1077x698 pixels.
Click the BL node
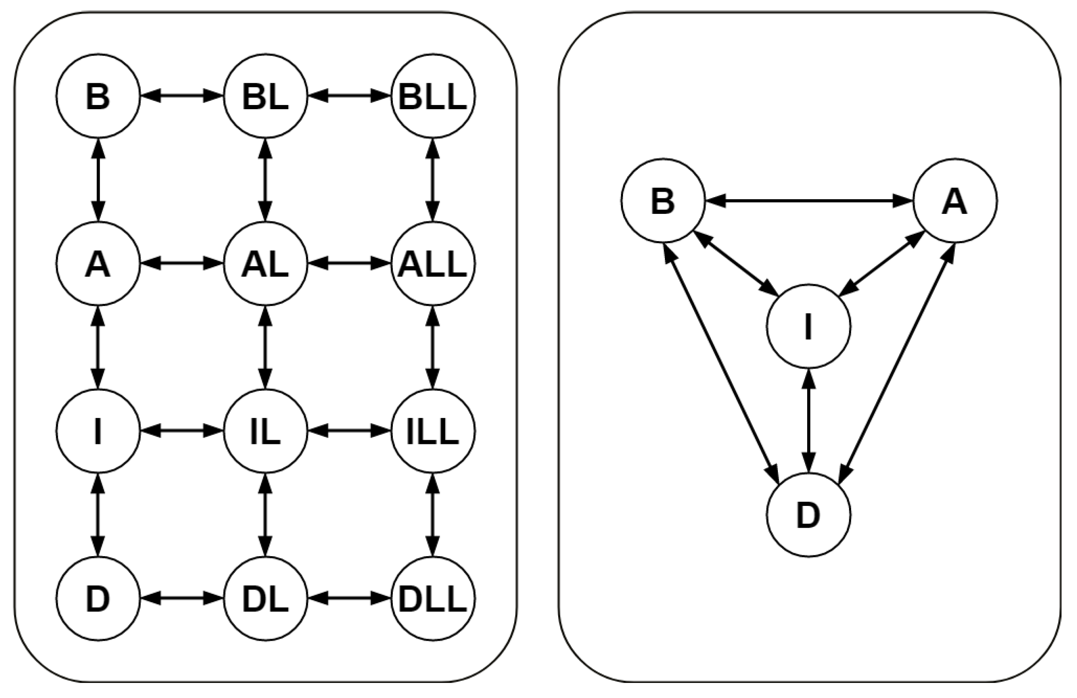[266, 96]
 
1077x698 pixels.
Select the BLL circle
[433, 96]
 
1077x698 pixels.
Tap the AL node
[266, 264]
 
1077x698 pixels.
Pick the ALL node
[433, 264]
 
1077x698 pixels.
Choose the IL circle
[266, 431]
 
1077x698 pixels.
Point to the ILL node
[433, 431]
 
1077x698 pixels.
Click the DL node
[266, 598]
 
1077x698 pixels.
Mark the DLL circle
[433, 598]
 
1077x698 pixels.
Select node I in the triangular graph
[809, 326]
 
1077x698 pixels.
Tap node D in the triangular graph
[809, 515]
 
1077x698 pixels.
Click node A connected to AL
[98, 264]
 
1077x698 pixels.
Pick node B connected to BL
[98, 96]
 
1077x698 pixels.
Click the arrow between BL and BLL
[349, 96]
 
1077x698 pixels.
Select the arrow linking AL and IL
[266, 347]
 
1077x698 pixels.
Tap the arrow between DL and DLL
[349, 598]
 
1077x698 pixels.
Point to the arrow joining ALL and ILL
[433, 347]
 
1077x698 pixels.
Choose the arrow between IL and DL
[266, 515]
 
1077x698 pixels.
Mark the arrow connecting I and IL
[182, 431]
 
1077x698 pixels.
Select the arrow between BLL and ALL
[433, 180]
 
